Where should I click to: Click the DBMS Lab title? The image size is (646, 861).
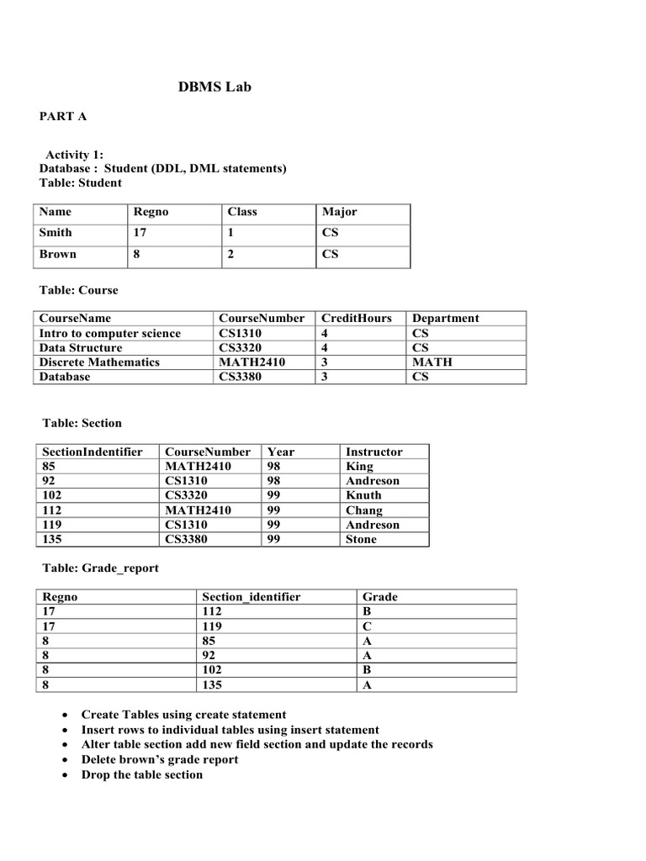(x=214, y=87)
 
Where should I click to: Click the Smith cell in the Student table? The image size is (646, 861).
(x=56, y=233)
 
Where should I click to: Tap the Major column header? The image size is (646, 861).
(x=339, y=212)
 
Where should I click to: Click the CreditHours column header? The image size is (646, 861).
(x=357, y=319)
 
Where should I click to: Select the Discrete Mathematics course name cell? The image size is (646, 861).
(x=99, y=362)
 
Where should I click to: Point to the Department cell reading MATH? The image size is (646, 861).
(x=432, y=362)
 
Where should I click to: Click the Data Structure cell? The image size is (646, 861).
(x=81, y=348)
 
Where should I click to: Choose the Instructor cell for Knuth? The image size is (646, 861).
(x=363, y=495)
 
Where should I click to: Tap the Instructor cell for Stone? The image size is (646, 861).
(x=361, y=539)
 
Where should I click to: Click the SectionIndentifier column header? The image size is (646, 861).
(x=92, y=452)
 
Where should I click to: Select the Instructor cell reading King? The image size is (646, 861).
(x=359, y=466)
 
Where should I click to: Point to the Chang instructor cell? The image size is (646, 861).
(x=363, y=510)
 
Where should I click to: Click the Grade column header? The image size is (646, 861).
(x=380, y=597)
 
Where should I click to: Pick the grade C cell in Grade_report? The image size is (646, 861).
(x=366, y=626)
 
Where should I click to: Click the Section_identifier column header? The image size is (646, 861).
(x=252, y=597)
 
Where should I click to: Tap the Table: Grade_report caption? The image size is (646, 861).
(x=99, y=568)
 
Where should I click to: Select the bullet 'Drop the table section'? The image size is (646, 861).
(x=141, y=774)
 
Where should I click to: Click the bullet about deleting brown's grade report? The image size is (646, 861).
(x=159, y=759)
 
